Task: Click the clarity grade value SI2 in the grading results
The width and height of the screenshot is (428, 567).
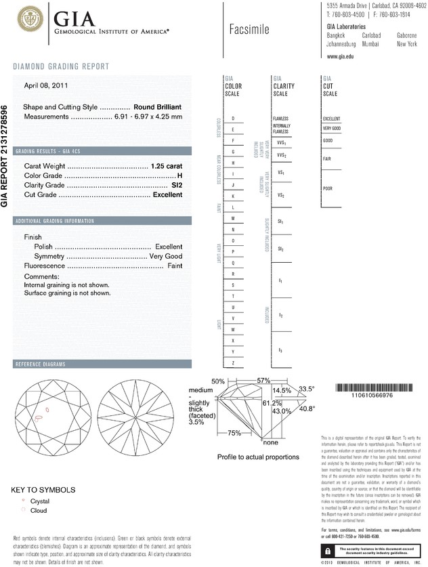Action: pos(177,185)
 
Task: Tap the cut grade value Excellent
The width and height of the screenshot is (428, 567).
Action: pos(167,194)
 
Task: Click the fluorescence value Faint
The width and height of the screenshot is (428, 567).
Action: pos(174,266)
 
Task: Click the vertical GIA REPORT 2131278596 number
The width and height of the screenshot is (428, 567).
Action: pos(5,156)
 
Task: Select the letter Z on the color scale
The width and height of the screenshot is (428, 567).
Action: pos(233,363)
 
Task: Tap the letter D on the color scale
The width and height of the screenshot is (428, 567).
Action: pos(233,119)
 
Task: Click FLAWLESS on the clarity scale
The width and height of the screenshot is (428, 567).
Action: pos(280,119)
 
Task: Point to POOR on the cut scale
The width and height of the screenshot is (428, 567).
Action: pos(327,188)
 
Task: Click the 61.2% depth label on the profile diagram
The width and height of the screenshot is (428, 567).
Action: pos(272,403)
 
